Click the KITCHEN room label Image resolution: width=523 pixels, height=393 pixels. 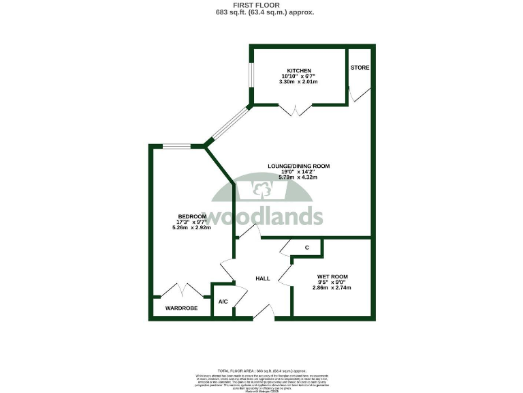299,70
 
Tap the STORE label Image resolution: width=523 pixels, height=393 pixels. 360,68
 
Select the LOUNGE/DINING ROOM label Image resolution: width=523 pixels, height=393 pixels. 298,166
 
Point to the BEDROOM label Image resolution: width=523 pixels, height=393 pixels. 191,216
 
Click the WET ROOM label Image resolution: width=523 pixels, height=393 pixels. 332,277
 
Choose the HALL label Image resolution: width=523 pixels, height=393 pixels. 263,278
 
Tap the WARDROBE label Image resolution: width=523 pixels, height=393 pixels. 181,308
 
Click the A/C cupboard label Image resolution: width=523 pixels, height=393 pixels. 223,302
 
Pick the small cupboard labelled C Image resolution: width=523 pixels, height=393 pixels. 307,247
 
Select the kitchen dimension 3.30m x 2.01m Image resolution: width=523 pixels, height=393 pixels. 298,82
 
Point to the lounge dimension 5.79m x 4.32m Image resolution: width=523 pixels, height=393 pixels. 298,177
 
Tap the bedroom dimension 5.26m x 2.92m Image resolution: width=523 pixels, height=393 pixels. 191,227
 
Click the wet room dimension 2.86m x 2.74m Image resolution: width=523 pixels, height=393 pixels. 332,288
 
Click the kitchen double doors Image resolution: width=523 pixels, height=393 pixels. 296,110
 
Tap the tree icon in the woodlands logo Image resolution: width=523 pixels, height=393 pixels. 261,189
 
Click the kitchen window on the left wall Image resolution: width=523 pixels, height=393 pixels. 250,76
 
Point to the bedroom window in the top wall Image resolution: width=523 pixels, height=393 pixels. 177,145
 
